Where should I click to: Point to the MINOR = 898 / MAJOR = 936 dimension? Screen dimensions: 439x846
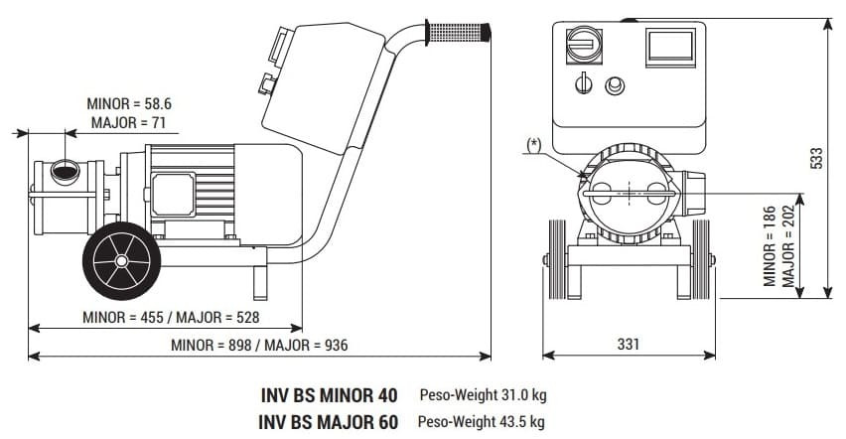(259, 345)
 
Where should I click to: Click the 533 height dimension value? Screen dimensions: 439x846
(817, 159)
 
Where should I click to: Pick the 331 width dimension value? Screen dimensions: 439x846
(627, 344)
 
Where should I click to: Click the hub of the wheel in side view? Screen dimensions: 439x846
(120, 260)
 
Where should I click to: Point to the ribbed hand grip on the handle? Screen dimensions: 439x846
(458, 33)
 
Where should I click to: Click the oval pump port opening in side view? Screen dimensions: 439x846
(67, 172)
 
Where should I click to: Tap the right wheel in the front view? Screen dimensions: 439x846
(700, 259)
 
